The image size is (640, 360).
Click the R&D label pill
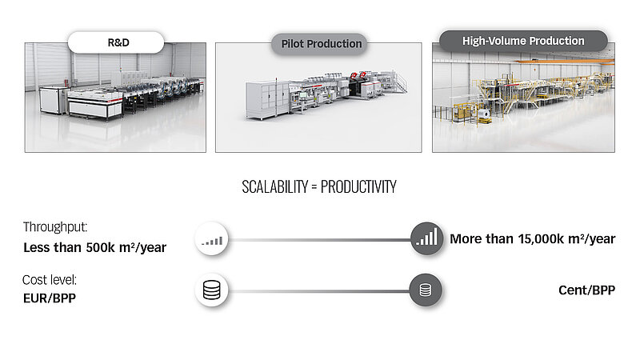(x=116, y=42)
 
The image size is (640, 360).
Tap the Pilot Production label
(x=319, y=44)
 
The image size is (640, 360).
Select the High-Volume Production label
(x=523, y=41)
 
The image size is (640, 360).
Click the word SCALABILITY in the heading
(x=274, y=187)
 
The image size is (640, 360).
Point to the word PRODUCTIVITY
(x=358, y=187)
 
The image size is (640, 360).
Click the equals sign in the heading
(x=314, y=187)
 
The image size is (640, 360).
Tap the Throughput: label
(x=55, y=227)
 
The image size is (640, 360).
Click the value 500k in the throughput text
(x=101, y=247)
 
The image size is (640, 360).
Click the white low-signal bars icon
(x=211, y=239)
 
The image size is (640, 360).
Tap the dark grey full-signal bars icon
(x=426, y=238)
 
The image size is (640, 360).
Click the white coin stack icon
(x=211, y=290)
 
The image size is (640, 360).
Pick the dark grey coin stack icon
(x=426, y=290)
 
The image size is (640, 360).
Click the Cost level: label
(x=50, y=280)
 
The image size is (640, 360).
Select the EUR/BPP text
(x=50, y=298)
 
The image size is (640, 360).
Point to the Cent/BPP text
(x=586, y=290)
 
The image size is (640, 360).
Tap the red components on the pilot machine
(x=358, y=74)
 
